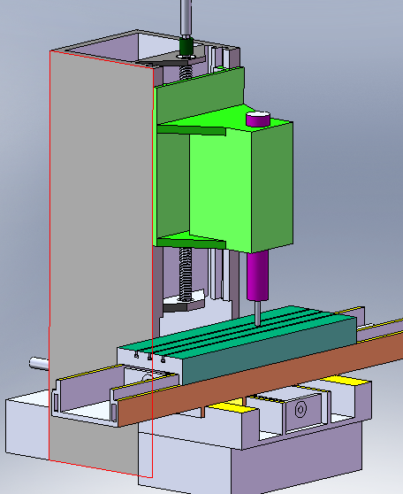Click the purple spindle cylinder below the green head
pyautogui.click(x=258, y=275)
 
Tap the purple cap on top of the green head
pyautogui.click(x=257, y=118)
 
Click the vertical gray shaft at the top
pyautogui.click(x=186, y=18)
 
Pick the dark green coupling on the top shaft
pyautogui.click(x=186, y=47)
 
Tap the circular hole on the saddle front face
pyautogui.click(x=300, y=411)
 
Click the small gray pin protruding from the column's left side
pyautogui.click(x=38, y=361)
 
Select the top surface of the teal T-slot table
pyautogui.click(x=239, y=329)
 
